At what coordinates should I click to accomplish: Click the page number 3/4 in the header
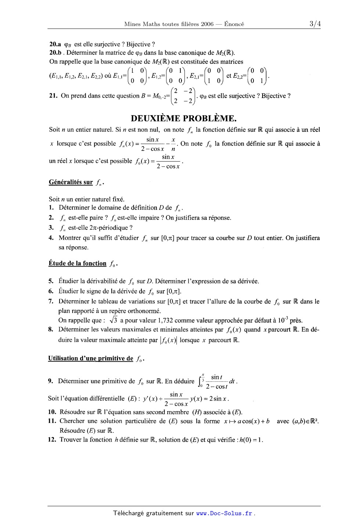point(315,24)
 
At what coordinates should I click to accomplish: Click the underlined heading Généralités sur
point(71,182)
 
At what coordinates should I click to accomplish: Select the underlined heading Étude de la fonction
point(78,263)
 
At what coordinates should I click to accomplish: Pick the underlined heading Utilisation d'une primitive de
point(91,358)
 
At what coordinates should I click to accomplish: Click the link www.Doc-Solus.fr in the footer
point(224,513)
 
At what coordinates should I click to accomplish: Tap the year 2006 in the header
point(207,24)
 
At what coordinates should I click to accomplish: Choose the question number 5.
point(51,281)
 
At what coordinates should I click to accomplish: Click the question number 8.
point(51,330)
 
